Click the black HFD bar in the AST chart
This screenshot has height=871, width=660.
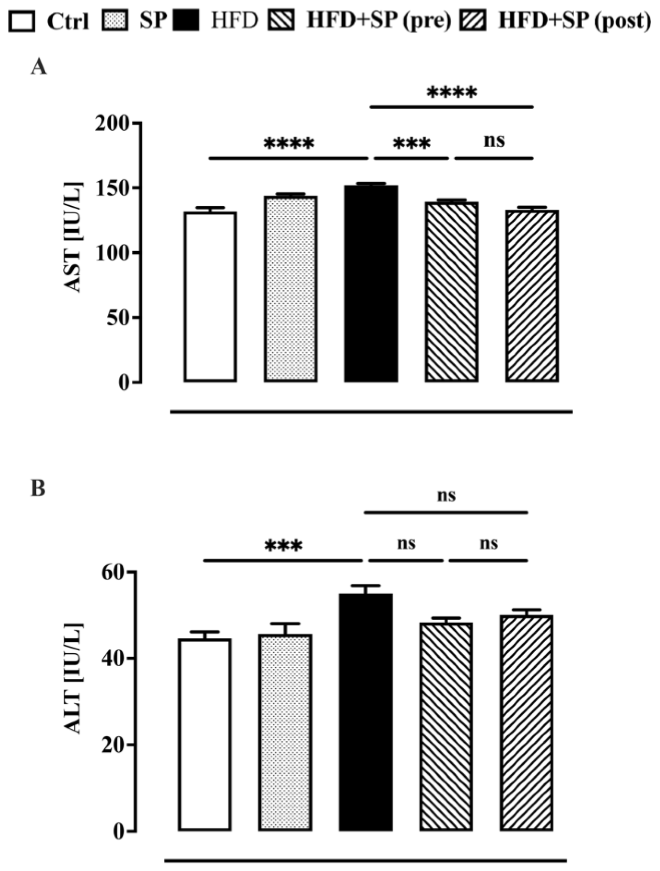tap(371, 284)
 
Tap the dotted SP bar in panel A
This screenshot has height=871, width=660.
tap(291, 289)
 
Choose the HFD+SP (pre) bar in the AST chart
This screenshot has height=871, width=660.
tap(451, 292)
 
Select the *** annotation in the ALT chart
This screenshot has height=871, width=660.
tap(283, 546)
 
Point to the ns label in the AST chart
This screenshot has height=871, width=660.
tap(494, 140)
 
